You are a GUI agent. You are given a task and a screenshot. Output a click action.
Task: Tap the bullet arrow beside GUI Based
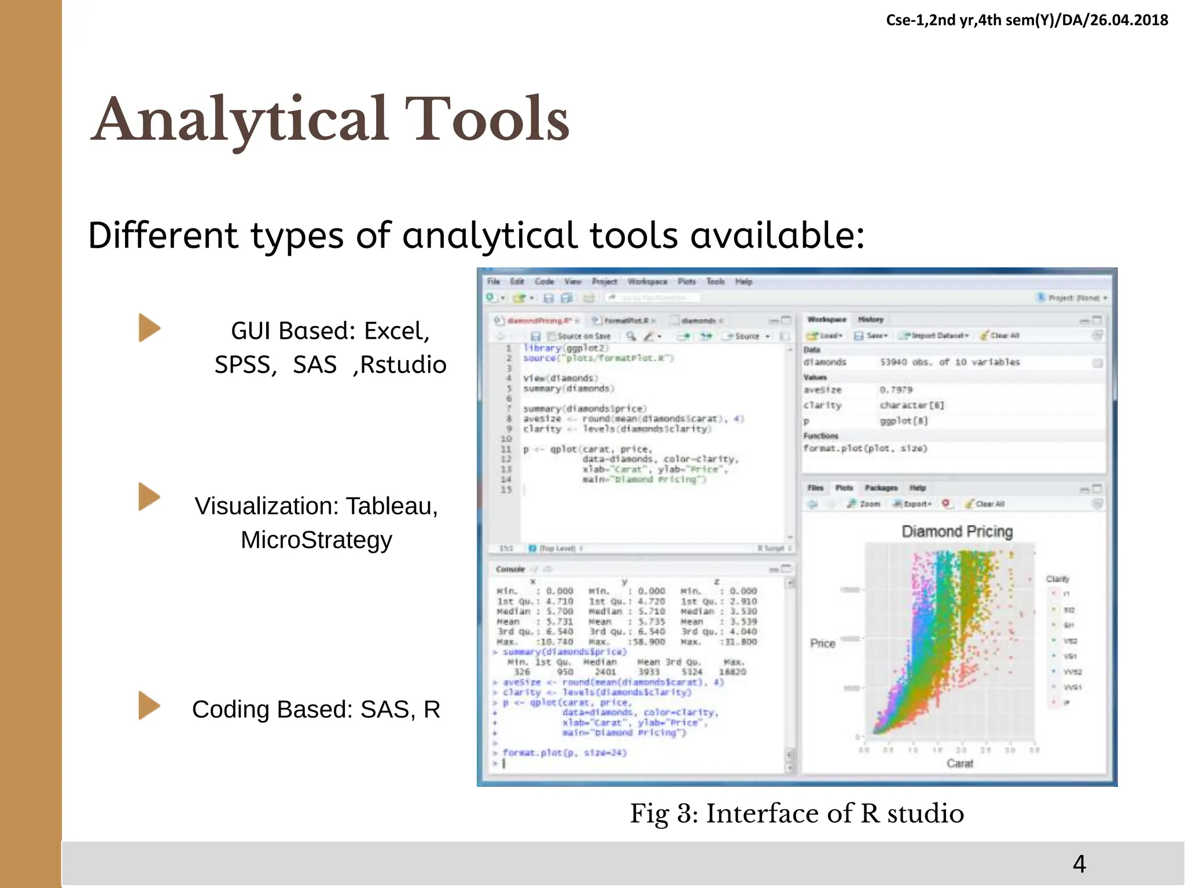coord(149,328)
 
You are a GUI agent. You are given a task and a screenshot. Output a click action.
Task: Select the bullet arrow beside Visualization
coord(149,497)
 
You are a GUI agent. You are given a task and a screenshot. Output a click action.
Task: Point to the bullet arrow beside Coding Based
coord(149,706)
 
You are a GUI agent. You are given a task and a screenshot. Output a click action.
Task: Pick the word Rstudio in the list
coord(403,365)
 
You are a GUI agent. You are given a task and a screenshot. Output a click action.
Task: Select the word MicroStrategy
coord(317,540)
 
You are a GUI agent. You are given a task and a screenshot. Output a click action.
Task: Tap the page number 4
coord(1079,864)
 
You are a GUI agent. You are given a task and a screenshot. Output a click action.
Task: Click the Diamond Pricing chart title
coord(957,531)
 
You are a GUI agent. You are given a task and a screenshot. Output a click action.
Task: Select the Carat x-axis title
coord(960,764)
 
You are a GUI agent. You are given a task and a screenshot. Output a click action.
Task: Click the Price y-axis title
coord(822,643)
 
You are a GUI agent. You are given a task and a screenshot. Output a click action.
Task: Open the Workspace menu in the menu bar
coord(647,282)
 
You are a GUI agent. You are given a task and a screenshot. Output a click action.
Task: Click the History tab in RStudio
coord(870,319)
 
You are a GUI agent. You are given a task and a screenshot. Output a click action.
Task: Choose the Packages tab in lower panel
coord(881,488)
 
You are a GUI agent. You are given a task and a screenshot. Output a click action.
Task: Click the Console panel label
coord(510,569)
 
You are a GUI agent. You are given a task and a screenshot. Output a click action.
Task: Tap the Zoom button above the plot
coord(864,504)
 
